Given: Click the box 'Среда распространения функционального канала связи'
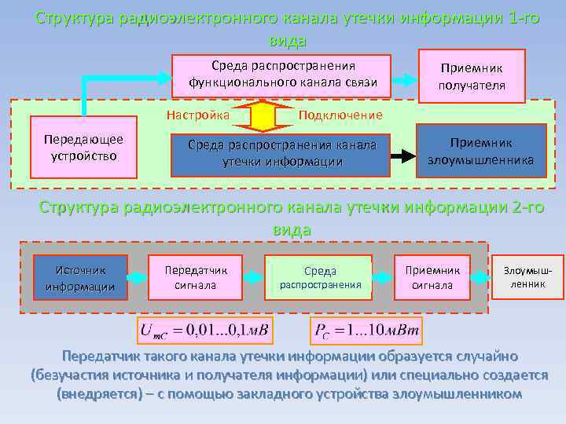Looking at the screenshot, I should (x=282, y=74).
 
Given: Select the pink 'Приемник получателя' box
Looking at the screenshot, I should (x=472, y=76).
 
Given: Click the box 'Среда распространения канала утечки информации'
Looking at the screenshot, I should (x=281, y=153).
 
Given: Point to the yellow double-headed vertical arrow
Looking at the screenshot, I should (x=263, y=115).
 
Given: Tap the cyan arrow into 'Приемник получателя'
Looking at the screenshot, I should (x=404, y=78).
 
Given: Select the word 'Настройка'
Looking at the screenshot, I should (x=197, y=115).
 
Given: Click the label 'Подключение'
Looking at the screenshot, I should (x=340, y=115).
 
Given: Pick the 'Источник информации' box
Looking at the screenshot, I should (x=81, y=277).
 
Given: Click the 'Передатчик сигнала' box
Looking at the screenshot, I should (x=196, y=277).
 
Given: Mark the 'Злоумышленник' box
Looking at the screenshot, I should (x=528, y=277).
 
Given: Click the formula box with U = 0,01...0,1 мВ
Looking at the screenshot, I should (x=205, y=331).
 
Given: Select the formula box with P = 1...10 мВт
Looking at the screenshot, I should (x=369, y=331).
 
